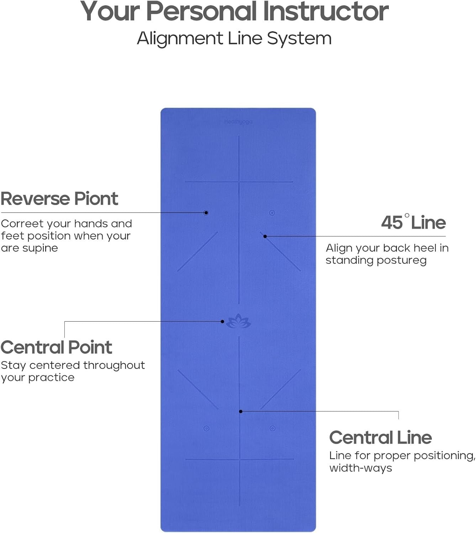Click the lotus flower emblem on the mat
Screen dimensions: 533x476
(239, 322)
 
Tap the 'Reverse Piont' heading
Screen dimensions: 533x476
(59, 198)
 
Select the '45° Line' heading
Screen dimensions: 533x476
(413, 222)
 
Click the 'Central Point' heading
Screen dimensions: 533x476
(56, 347)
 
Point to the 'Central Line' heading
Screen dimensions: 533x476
(380, 437)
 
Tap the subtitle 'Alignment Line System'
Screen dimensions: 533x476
(234, 38)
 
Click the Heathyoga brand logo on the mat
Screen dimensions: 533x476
(238, 122)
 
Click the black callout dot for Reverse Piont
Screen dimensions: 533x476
(206, 213)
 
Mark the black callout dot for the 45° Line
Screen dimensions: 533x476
(265, 236)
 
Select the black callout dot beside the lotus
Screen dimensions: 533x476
(222, 322)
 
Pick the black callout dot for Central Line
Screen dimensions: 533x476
(241, 411)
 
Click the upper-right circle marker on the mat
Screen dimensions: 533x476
(272, 213)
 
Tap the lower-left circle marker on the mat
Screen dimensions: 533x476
(206, 429)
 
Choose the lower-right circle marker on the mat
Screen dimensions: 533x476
(273, 429)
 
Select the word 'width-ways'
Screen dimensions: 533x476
(360, 468)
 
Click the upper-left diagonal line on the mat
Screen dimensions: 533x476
(197, 251)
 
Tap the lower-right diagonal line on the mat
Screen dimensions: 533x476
(280, 389)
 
